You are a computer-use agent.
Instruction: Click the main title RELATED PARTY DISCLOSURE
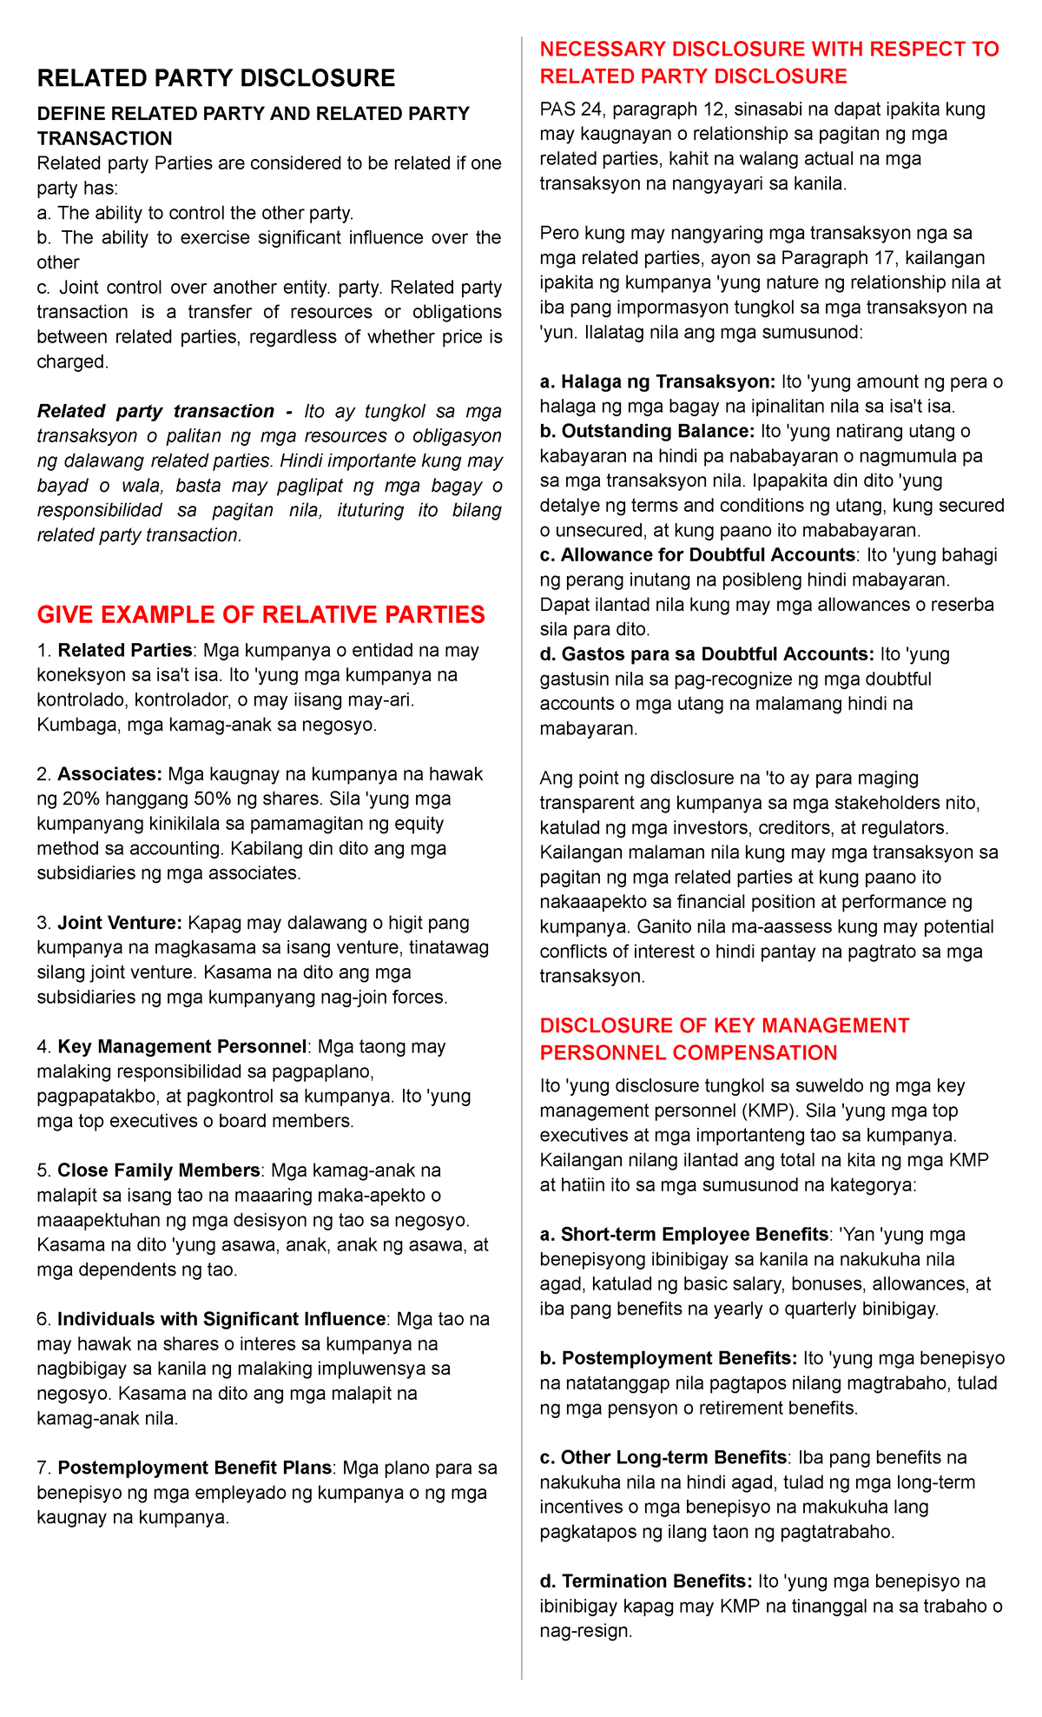(215, 79)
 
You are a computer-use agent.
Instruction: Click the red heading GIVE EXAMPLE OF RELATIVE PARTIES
(260, 615)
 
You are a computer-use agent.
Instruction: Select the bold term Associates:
(110, 774)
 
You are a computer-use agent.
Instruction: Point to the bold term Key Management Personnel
(182, 1046)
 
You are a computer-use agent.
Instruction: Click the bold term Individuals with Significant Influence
(221, 1319)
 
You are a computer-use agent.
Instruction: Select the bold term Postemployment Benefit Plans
(195, 1468)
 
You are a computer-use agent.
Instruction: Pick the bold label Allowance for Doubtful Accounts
(708, 554)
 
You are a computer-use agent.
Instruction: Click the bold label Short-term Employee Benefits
(695, 1234)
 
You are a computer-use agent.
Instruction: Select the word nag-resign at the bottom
(583, 1631)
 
